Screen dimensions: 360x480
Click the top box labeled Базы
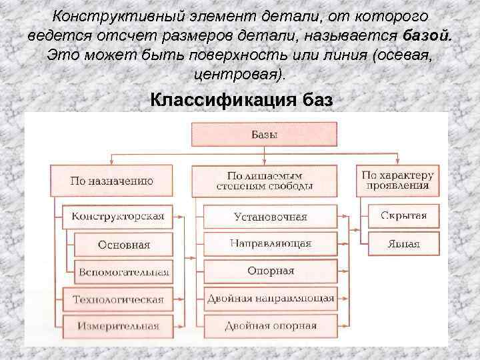[x=264, y=134]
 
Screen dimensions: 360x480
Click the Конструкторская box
[x=117, y=217]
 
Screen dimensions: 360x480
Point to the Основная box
[x=123, y=244]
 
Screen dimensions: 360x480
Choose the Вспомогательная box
[x=123, y=271]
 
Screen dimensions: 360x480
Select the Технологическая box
[x=117, y=299]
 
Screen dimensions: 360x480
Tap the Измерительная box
[x=117, y=326]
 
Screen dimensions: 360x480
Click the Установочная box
[x=270, y=217]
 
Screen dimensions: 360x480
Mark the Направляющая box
[x=270, y=243]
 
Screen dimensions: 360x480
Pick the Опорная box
[x=270, y=271]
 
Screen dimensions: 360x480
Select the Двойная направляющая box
[x=270, y=298]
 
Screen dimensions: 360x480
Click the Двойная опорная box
[x=270, y=325]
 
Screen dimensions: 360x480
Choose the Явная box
[x=403, y=243]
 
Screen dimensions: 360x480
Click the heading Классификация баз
[x=241, y=100]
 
